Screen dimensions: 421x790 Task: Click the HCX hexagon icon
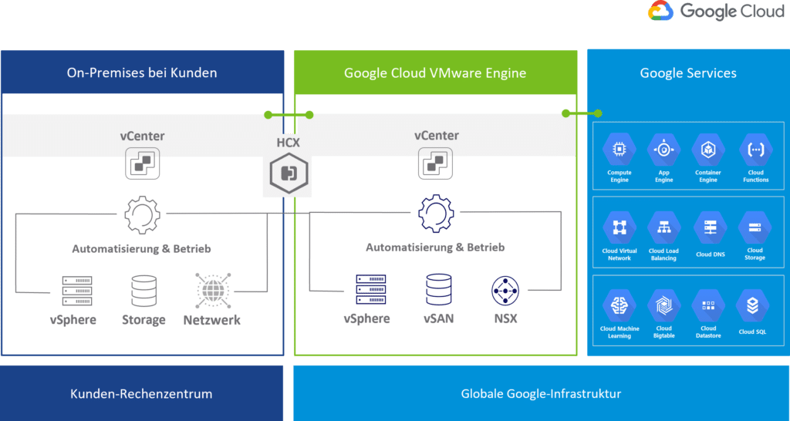(x=289, y=173)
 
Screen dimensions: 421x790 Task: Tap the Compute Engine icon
(x=619, y=150)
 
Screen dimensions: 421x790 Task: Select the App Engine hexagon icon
(x=663, y=150)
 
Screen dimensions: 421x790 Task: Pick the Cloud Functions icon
(x=755, y=150)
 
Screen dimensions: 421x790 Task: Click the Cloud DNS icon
(x=709, y=228)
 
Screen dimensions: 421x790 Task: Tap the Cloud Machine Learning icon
(x=619, y=306)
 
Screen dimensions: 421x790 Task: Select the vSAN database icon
(x=439, y=290)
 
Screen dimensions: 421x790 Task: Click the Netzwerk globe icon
(x=211, y=291)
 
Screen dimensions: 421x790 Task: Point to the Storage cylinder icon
(x=143, y=291)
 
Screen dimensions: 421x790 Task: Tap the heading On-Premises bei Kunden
(x=142, y=73)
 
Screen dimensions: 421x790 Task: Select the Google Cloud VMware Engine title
(x=435, y=73)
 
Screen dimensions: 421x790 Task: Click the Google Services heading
(x=688, y=73)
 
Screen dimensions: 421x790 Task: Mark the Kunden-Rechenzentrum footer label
(x=141, y=393)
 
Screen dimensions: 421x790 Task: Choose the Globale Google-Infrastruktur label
(x=541, y=393)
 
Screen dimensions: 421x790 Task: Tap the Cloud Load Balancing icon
(x=663, y=228)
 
